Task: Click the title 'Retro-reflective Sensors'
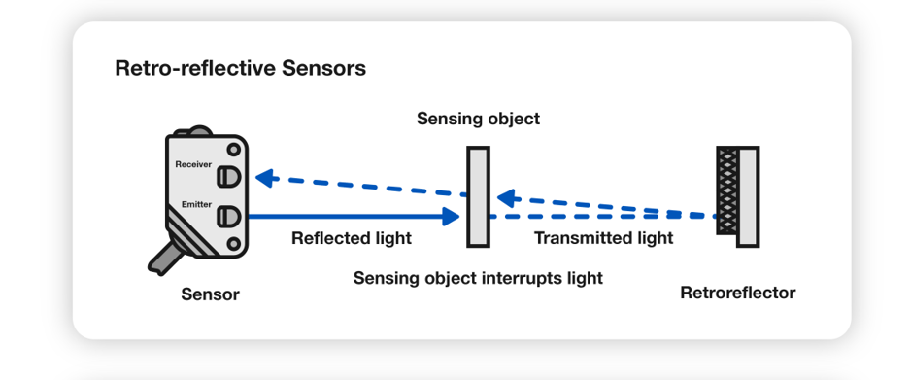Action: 240,69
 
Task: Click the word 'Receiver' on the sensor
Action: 193,164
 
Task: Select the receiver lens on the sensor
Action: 228,175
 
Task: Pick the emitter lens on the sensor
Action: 228,215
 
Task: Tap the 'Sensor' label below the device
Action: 210,294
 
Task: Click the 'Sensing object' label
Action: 478,120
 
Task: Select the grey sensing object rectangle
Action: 477,195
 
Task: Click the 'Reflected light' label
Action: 352,238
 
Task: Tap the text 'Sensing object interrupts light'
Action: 478,278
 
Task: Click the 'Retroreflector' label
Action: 738,293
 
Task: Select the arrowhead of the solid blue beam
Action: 450,216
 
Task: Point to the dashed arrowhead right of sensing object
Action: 504,196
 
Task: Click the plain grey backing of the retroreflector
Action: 748,195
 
